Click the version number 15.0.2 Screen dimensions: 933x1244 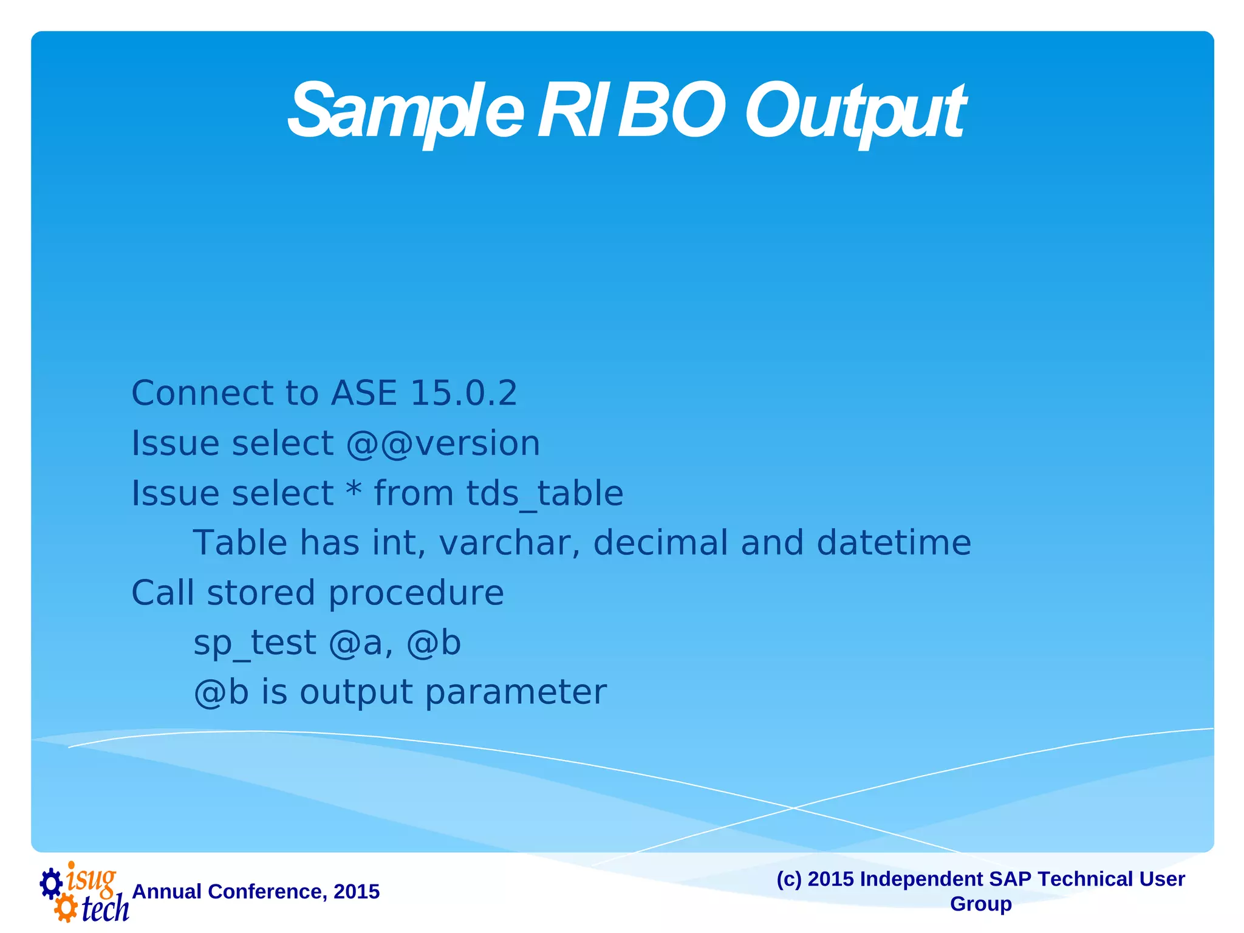click(463, 393)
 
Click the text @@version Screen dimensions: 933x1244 click(443, 443)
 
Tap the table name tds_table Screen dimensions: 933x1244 click(544, 493)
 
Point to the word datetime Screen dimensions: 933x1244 click(894, 543)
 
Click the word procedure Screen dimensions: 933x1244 click(416, 593)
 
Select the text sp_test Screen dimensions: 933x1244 click(255, 643)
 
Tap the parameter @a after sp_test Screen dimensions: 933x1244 click(361, 643)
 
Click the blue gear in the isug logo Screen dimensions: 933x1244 click(51, 883)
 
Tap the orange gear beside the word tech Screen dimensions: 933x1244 click(66, 909)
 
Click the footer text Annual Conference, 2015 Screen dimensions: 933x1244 click(256, 892)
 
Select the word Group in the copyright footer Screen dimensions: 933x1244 click(980, 904)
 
